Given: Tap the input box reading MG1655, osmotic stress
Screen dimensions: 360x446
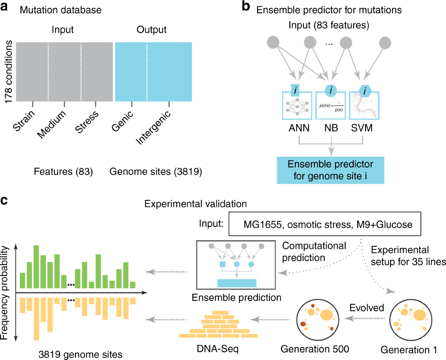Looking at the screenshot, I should coord(332,224).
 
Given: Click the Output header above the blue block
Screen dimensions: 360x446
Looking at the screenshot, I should coord(154,30).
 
